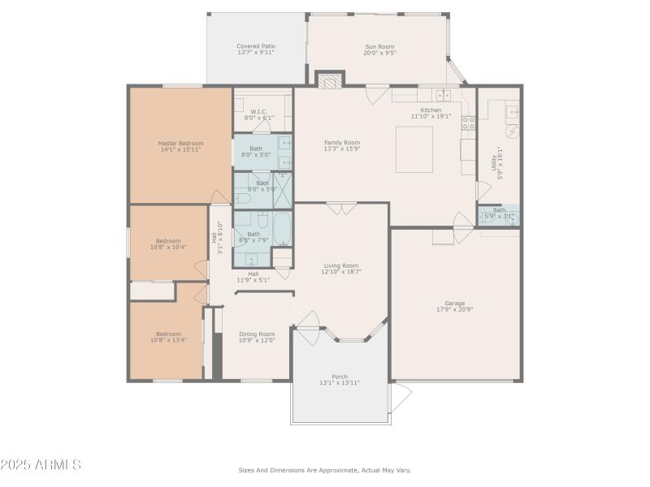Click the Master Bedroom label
pos(180,143)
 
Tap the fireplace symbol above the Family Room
pos(330,80)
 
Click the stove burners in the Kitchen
pos(469,123)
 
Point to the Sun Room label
pos(379,46)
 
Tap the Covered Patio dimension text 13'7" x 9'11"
pos(256,53)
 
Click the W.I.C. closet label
pos(258,112)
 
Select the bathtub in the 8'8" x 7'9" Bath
pos(282,230)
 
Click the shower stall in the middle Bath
pos(284,191)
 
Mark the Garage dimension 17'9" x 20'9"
pos(454,309)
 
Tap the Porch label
pos(340,377)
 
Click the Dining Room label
pos(257,334)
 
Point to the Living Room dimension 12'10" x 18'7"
pos(341,272)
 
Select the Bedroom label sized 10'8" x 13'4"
pos(168,334)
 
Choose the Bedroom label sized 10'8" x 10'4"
pos(168,241)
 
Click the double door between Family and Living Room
pos(341,209)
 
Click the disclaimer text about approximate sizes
pos(324,470)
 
